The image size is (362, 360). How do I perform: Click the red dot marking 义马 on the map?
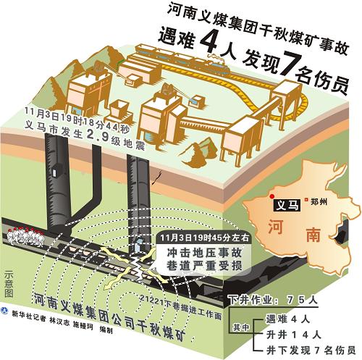(272, 196)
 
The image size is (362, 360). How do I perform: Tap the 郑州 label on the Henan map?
(319, 201)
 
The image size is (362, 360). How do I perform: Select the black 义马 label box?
(287, 206)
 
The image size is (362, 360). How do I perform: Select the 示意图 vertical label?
(9, 285)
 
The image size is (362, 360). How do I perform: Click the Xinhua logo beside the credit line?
(4, 311)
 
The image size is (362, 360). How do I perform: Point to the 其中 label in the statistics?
(241, 327)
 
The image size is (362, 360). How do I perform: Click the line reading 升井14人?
(293, 335)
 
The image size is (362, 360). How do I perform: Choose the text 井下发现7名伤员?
(311, 350)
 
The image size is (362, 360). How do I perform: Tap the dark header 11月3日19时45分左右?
(205, 238)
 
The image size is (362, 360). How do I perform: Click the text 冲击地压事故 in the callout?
(204, 253)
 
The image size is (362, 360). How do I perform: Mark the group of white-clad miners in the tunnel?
(25, 237)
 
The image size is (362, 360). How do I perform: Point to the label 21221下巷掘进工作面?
(180, 306)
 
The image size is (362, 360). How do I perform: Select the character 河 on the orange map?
(275, 226)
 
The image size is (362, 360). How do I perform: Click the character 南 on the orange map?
(313, 235)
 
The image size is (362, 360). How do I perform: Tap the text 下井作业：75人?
(273, 300)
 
